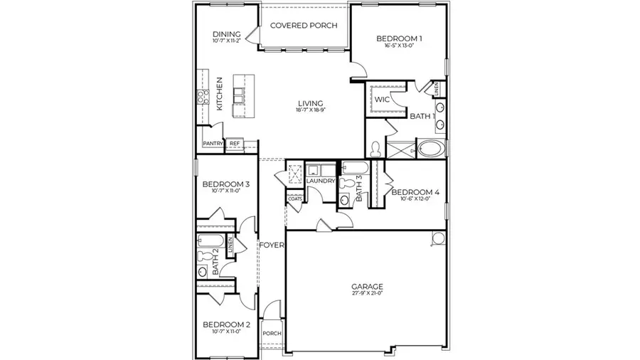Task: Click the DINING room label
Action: (x=227, y=34)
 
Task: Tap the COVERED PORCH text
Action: (x=304, y=26)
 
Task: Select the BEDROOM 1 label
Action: (x=399, y=38)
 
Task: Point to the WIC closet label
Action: (x=382, y=100)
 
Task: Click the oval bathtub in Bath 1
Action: (x=431, y=149)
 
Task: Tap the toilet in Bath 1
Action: (x=376, y=149)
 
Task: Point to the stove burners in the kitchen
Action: (x=202, y=92)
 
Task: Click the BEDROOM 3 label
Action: (x=226, y=184)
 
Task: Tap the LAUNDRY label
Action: (x=320, y=181)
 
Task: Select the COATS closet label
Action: (x=295, y=198)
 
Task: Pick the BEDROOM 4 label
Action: (x=416, y=192)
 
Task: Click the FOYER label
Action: (x=272, y=245)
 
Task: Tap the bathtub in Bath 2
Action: (x=211, y=239)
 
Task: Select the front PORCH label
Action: (x=272, y=334)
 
